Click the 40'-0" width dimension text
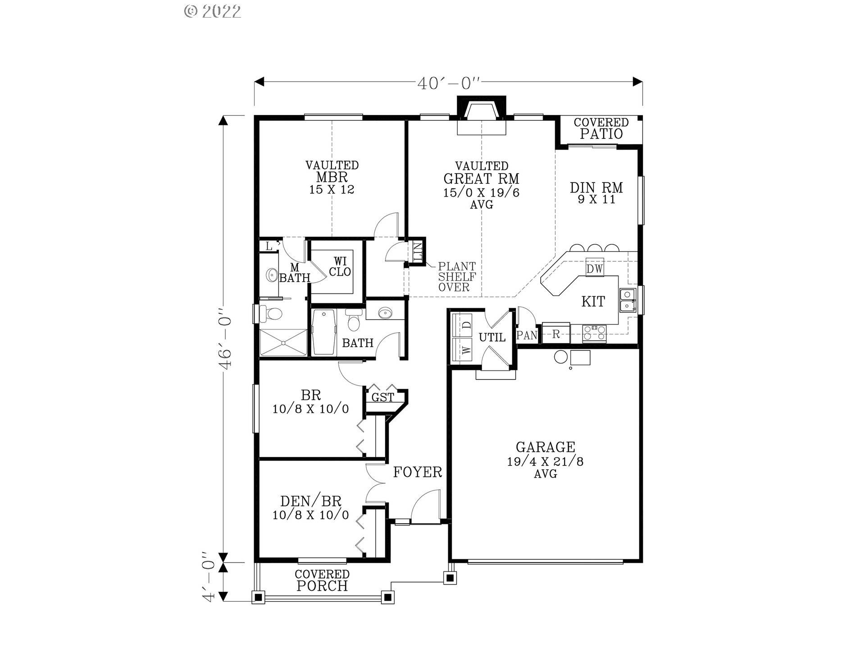pos(449,83)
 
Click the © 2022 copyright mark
pos(213,11)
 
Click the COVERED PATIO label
pos(601,128)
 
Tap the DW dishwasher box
pos(594,269)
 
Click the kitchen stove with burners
pos(595,333)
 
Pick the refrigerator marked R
pos(556,334)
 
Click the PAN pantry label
pos(527,335)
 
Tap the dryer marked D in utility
pos(466,324)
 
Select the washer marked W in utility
pos(466,350)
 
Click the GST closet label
pos(382,398)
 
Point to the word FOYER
pos(417,472)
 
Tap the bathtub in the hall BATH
pos(324,332)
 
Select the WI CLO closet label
pos(340,267)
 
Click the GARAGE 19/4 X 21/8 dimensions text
pos(545,462)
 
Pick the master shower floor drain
pos(283,343)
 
